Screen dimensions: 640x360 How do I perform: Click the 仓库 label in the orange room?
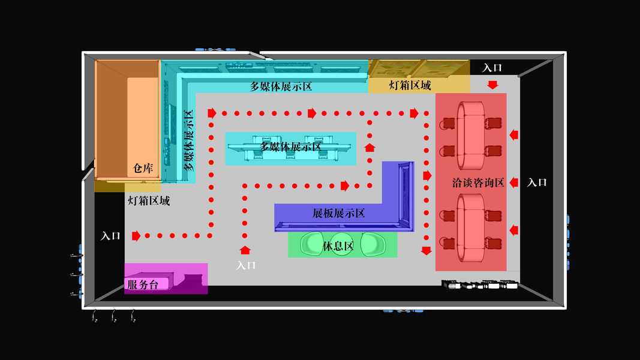(x=143, y=169)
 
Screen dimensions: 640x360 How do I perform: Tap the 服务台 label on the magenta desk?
(x=142, y=284)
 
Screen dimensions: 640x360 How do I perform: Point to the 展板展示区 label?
(x=339, y=213)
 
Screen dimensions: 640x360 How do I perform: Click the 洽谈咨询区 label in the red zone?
(x=478, y=182)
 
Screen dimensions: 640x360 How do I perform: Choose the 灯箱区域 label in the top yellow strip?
(x=410, y=85)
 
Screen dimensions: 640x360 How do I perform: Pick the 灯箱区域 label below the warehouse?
(x=149, y=200)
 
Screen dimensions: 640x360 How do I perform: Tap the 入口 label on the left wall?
(x=110, y=236)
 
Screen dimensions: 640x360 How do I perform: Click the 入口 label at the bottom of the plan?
(x=246, y=265)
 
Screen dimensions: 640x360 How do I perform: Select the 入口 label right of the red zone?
(x=537, y=182)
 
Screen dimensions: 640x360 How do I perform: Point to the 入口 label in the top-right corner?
(x=492, y=68)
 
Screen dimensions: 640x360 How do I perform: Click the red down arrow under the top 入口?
(x=492, y=85)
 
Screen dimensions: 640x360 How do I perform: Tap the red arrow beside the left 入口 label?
(x=136, y=236)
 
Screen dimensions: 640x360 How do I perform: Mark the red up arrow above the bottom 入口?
(x=245, y=250)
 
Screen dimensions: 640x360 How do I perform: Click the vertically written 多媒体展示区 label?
(x=189, y=140)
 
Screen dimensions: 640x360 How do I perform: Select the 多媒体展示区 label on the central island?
(x=291, y=146)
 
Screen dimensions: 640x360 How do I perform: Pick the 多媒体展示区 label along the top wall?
(x=281, y=86)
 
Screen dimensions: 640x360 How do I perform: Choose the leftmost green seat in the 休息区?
(x=314, y=244)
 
